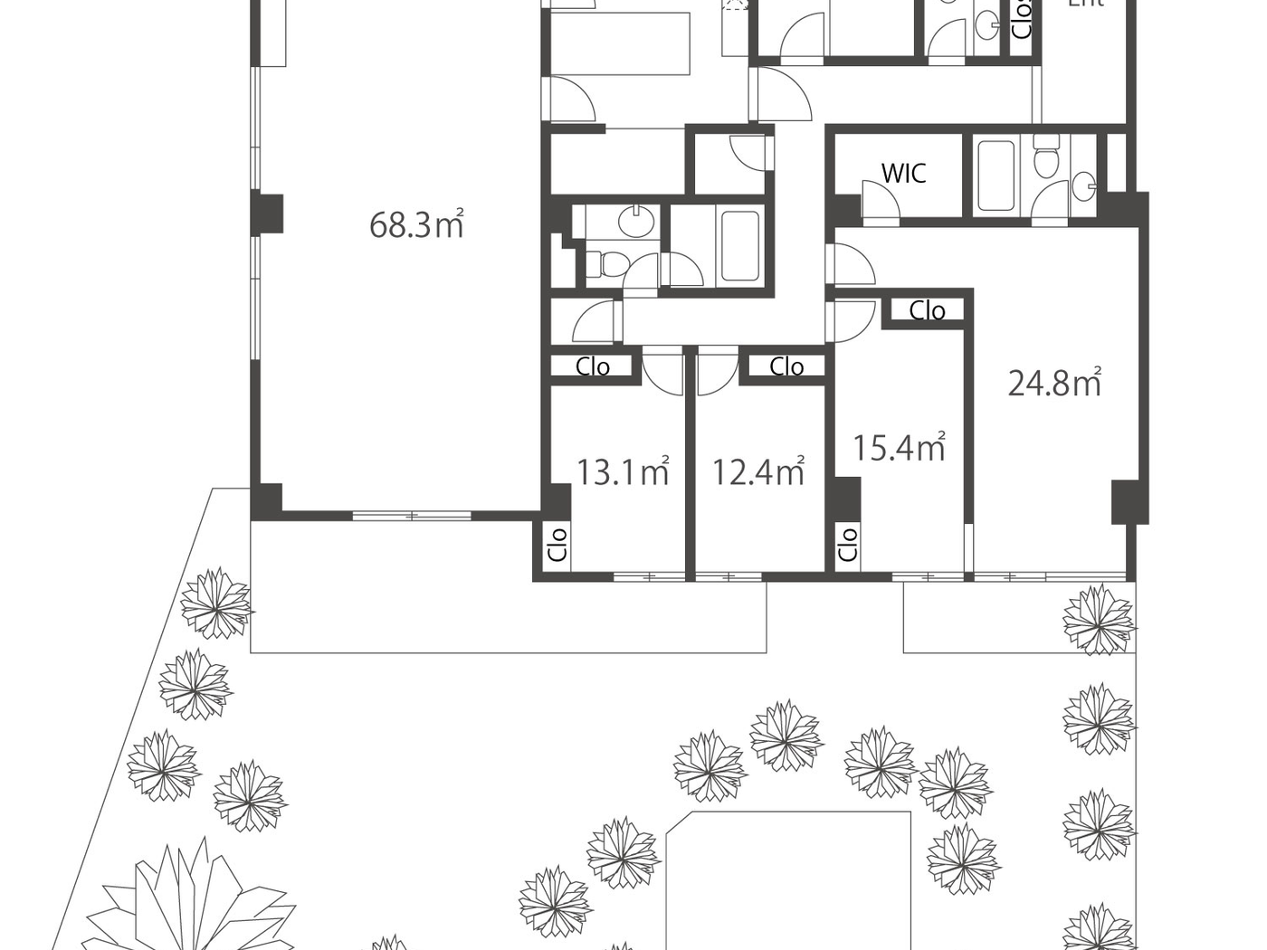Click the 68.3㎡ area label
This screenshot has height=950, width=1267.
pos(416,224)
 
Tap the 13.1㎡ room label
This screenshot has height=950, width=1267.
pos(623,471)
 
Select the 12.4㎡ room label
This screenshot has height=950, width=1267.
pos(757,471)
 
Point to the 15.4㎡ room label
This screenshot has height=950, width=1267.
pos(899,447)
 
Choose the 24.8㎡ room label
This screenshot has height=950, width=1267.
pos(1054,383)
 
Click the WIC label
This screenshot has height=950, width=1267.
pos(903,173)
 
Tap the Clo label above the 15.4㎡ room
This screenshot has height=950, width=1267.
pos(927,310)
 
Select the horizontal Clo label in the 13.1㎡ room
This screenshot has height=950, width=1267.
pos(593,366)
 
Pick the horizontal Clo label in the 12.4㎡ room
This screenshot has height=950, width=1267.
pos(786,366)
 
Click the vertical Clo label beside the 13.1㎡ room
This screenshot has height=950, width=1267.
pos(557,545)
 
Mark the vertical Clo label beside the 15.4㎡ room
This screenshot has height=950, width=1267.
pos(847,545)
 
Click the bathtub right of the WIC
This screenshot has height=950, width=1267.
pos(996,176)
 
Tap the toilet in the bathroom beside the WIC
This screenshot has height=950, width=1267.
pos(1046,159)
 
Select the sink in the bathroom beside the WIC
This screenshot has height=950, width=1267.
pos(1083,185)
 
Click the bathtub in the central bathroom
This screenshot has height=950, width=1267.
pos(739,245)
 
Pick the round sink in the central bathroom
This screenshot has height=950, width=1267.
pos(640,220)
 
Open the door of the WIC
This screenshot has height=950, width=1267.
pos(879,201)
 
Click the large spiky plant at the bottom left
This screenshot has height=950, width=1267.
pos(195,905)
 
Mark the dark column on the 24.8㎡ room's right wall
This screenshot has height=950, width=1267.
pos(1129,501)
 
